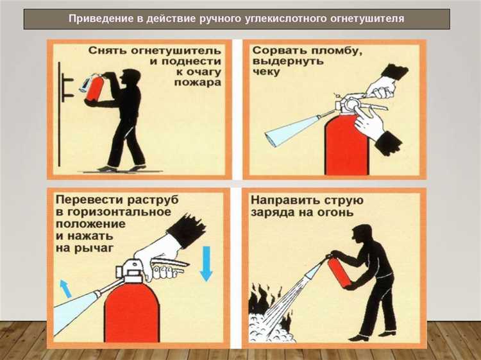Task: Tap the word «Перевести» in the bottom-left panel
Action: tap(87, 199)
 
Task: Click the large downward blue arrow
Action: tap(206, 264)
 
